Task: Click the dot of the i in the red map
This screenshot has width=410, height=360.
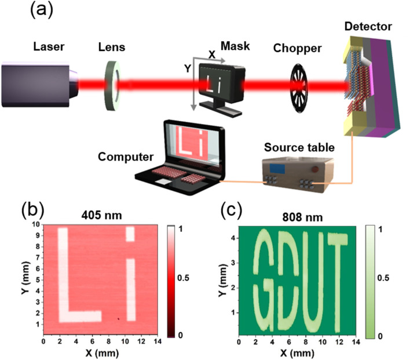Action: coord(130,234)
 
